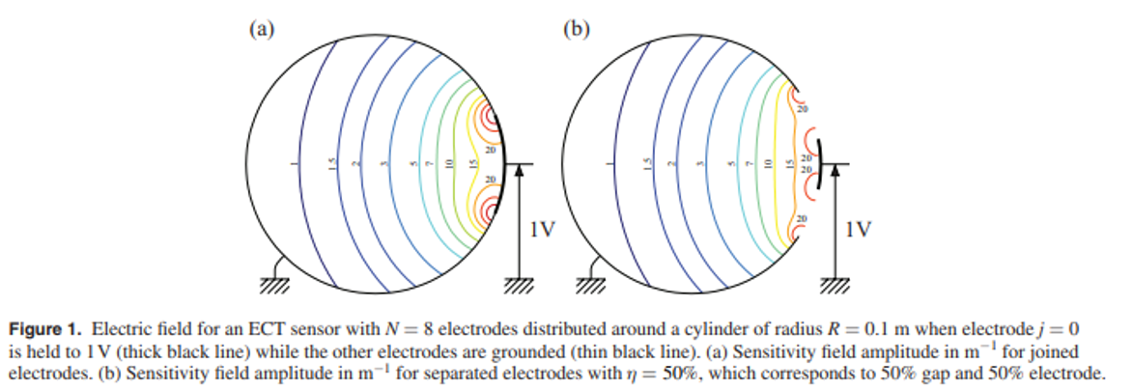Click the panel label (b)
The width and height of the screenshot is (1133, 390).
coord(576,28)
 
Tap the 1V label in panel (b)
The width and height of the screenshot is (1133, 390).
coord(858,231)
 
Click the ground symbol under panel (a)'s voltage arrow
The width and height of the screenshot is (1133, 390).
coord(519,284)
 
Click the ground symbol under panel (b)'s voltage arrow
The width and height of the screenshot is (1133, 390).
coord(834,284)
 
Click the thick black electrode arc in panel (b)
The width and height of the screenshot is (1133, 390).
coord(819,164)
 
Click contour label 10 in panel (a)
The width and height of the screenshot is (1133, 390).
coord(449,165)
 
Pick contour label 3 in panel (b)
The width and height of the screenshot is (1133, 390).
coord(699,165)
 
